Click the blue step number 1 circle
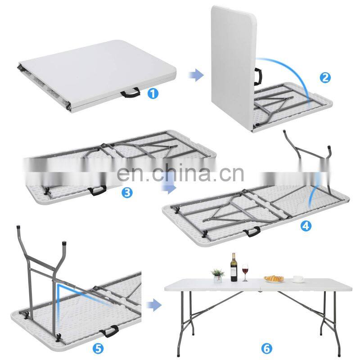coord(153,94)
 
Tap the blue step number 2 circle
coord(325,77)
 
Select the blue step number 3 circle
coord(127,192)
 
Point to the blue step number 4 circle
coord(306,226)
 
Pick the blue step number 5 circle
coord(98,349)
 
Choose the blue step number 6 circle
coord(266,348)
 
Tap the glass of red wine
coord(245,273)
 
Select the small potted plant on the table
coord(217,275)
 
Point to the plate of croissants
coord(274,279)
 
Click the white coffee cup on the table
coord(299,279)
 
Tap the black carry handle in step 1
coord(130,92)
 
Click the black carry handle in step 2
coord(258,76)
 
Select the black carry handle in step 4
coord(252,231)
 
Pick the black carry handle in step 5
coord(110,331)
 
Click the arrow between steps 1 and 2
coord(196,75)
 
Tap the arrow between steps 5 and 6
coord(154,305)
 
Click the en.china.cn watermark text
coord(180,173)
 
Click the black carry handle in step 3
coord(97,190)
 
